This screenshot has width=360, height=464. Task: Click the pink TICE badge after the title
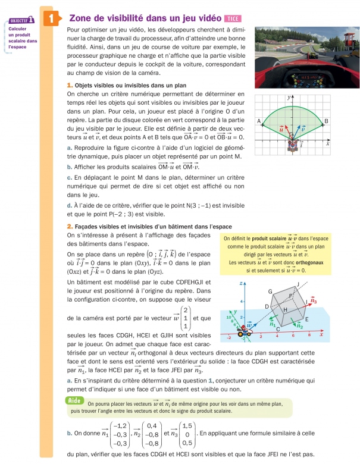coord(230,18)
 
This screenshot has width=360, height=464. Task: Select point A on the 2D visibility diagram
coord(259,121)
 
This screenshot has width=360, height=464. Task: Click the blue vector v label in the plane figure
coord(303,128)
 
